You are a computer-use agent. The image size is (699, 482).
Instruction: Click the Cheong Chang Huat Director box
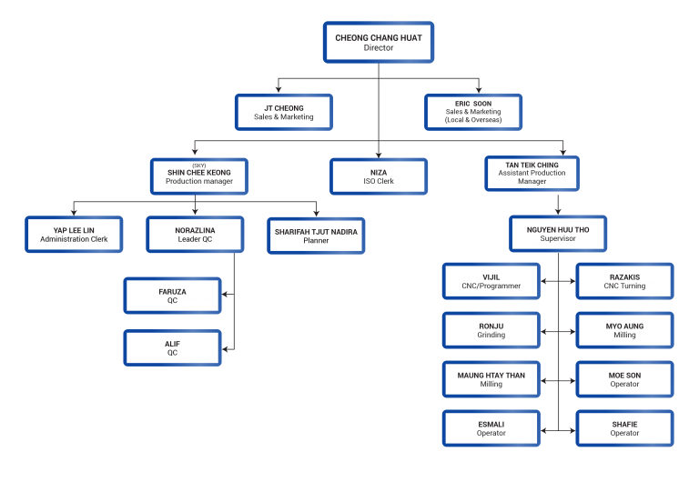tap(379, 43)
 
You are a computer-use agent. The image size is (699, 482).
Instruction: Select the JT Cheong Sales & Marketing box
tap(284, 112)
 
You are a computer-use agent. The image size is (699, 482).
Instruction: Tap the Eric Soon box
tap(473, 112)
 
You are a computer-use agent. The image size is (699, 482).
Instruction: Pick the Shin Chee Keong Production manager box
tap(199, 176)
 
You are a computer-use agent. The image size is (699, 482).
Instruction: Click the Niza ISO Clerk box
tap(378, 176)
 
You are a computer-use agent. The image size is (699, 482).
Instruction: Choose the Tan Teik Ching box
tap(532, 173)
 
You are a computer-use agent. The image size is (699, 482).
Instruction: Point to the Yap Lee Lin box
tap(74, 235)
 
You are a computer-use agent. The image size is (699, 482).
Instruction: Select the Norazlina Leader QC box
tap(195, 235)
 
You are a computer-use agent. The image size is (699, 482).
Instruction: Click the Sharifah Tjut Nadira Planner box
tap(316, 236)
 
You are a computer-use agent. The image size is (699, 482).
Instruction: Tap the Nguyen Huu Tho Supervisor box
tap(557, 234)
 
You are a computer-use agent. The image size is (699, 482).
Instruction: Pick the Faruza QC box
tap(172, 296)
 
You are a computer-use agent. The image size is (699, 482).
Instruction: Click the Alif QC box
tap(172, 347)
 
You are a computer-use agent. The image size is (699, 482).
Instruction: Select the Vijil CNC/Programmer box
tap(491, 281)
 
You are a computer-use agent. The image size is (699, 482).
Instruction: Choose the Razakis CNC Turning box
tap(624, 281)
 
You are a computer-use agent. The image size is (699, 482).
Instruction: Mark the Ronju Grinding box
tap(491, 330)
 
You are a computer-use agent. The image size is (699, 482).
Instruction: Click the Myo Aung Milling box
tap(624, 330)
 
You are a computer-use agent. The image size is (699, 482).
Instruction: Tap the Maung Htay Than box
tap(491, 379)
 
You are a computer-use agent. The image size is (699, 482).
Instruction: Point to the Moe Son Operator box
tap(624, 379)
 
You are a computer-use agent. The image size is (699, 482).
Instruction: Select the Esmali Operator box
tap(491, 428)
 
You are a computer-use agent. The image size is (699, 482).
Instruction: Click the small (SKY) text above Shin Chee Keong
tap(199, 165)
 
